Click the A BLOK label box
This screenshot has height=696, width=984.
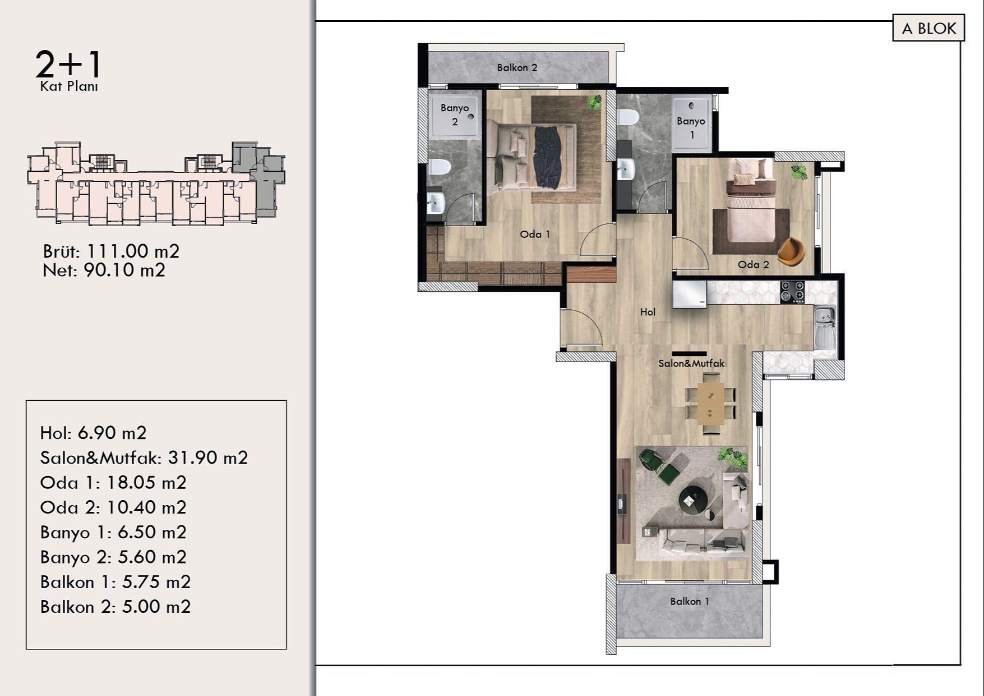coord(928,29)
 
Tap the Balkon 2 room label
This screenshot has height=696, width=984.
coord(517,68)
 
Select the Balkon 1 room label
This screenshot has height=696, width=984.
coord(689,602)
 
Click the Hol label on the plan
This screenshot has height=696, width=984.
coord(648,312)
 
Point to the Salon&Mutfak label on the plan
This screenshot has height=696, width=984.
coord(691,364)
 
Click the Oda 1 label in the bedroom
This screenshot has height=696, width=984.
coord(535,235)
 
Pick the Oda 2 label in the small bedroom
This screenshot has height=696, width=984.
coord(753,265)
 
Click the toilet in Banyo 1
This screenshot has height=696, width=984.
coord(628,117)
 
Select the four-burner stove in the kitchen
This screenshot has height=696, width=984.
coord(792,292)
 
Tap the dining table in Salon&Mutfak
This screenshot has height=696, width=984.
coord(710,402)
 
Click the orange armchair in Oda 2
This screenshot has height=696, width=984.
coord(791,251)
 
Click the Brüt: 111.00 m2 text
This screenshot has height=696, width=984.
coord(111,251)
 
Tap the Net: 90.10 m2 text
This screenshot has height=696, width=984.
coord(104,271)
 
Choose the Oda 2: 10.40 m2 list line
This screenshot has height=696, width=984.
coord(113,507)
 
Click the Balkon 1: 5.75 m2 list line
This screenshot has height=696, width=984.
coord(116,582)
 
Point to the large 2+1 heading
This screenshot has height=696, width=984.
coord(68,65)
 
